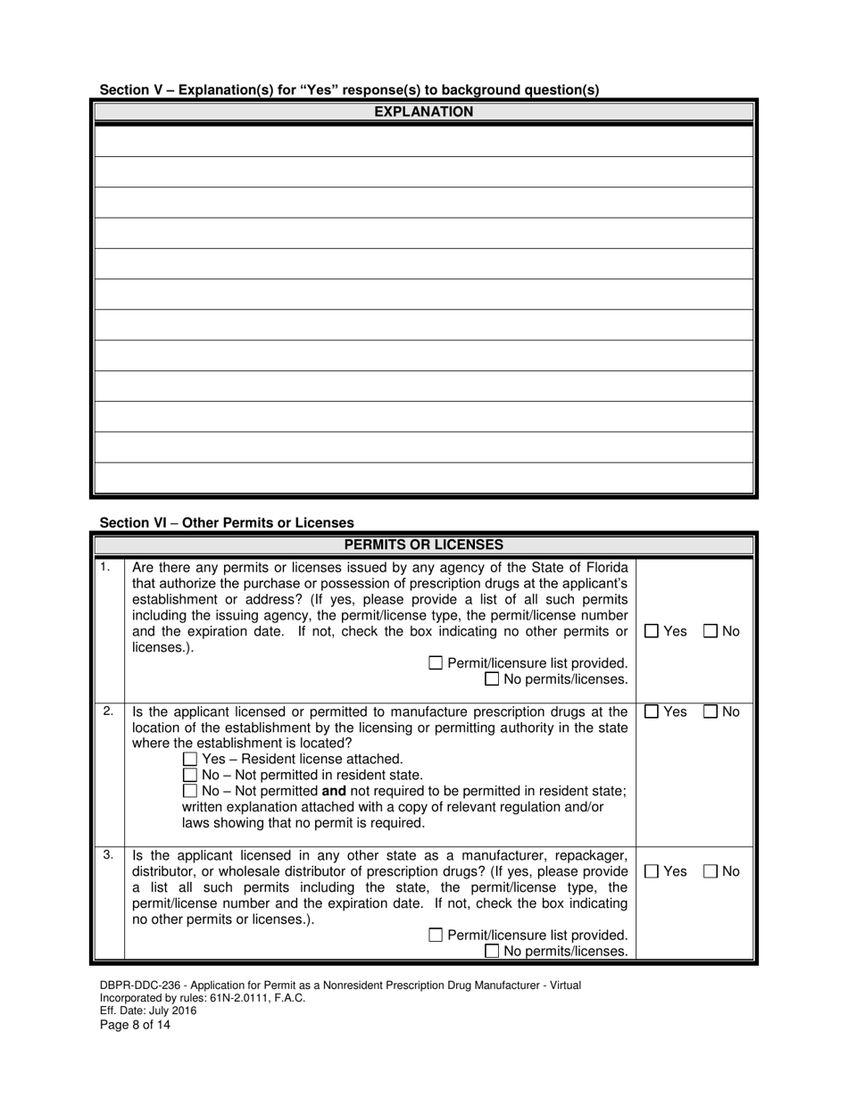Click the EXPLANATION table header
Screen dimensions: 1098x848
point(423,112)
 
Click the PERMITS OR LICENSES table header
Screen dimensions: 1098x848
point(423,545)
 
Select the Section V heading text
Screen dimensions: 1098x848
point(349,89)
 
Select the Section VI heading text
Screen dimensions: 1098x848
point(227,522)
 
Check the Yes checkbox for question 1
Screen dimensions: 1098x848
point(652,631)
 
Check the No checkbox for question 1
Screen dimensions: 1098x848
point(711,631)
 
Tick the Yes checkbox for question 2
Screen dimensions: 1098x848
point(652,711)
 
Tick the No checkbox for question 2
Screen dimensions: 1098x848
point(711,711)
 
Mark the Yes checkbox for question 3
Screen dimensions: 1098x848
point(652,871)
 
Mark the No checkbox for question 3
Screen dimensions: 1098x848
point(711,871)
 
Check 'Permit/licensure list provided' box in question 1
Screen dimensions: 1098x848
point(436,663)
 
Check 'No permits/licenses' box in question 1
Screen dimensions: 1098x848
point(492,679)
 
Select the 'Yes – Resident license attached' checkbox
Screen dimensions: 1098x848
point(189,759)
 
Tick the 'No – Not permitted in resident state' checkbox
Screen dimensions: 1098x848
point(189,775)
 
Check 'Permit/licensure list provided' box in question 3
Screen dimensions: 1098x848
point(436,936)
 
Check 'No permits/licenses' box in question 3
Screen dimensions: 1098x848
point(492,952)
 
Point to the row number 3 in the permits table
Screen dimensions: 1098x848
point(107,855)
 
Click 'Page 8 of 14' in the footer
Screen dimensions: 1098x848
point(135,1025)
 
